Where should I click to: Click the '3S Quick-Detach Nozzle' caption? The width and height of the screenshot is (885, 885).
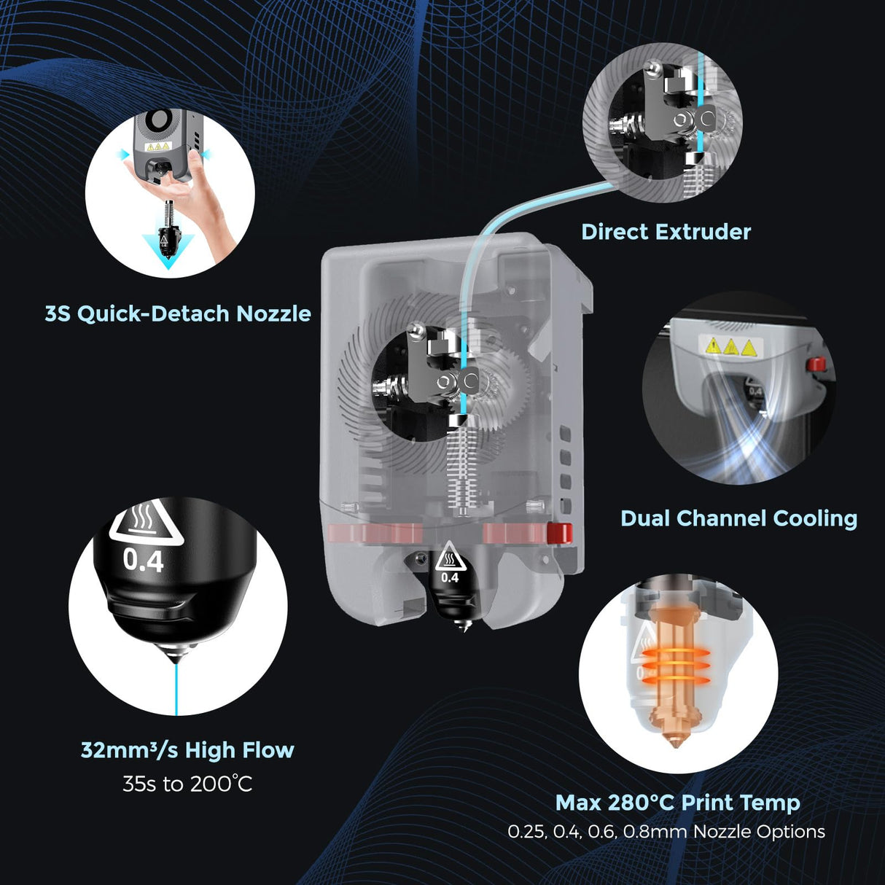coord(178,313)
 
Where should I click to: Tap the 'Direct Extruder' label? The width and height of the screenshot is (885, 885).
coord(666,232)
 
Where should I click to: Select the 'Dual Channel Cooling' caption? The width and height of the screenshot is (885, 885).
coord(738,518)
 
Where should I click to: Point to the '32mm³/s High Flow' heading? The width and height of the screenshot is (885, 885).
coord(187,750)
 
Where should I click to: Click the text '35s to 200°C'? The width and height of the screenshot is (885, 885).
coord(187,784)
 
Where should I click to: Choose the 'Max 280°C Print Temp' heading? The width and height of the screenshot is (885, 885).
coord(677,803)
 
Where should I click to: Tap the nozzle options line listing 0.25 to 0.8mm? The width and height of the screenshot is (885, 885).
coord(666,832)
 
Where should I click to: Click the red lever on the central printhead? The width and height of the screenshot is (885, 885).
coord(559,533)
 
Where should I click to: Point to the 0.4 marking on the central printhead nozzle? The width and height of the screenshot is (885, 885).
coord(450,577)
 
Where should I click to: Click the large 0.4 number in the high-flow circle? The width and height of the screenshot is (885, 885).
coord(143,561)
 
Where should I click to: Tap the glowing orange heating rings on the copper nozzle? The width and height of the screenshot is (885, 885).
coord(674,665)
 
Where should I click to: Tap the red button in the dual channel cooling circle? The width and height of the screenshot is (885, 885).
coord(815,363)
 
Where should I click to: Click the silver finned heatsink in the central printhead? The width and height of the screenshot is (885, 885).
coord(458,467)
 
